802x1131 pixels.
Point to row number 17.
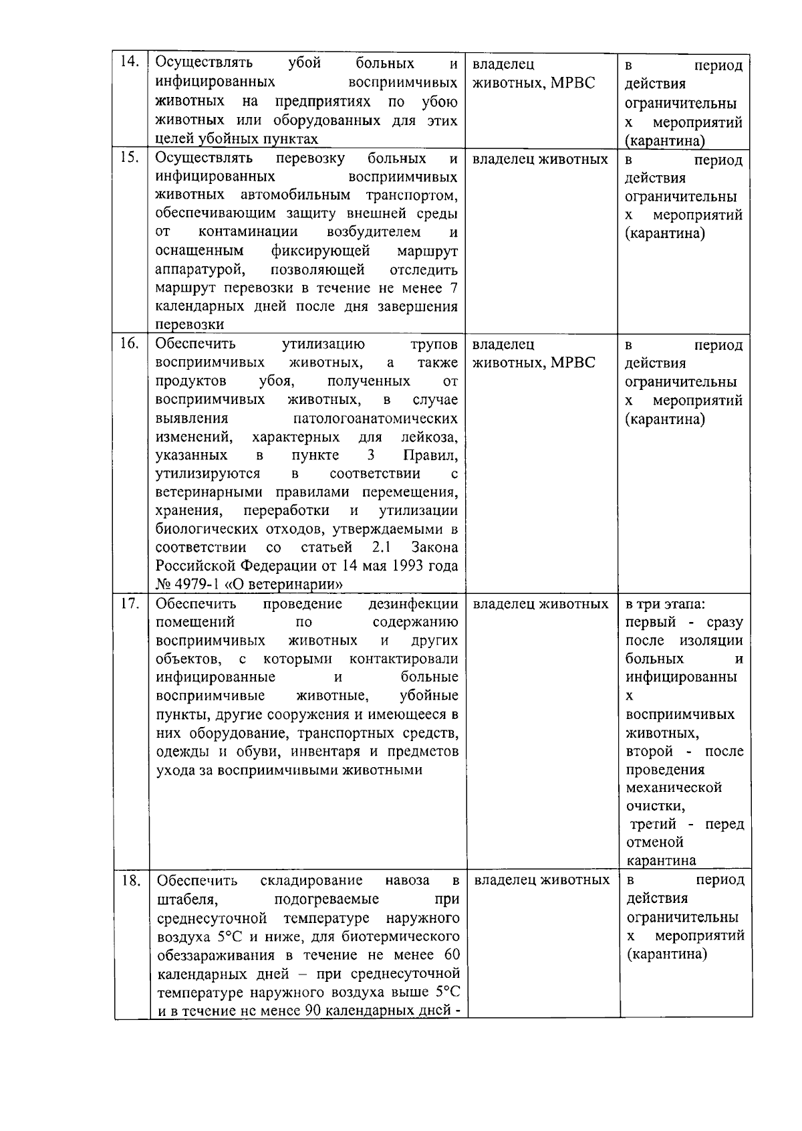pyautogui.click(x=129, y=603)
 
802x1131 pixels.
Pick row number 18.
pyautogui.click(x=130, y=880)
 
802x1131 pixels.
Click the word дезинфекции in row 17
pyautogui.click(x=413, y=604)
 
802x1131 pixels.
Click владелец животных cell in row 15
pyautogui.click(x=540, y=159)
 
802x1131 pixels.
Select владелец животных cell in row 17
pyautogui.click(x=540, y=604)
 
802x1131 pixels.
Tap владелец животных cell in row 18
pyautogui.click(x=541, y=880)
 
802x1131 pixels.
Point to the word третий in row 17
pyautogui.click(x=653, y=824)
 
